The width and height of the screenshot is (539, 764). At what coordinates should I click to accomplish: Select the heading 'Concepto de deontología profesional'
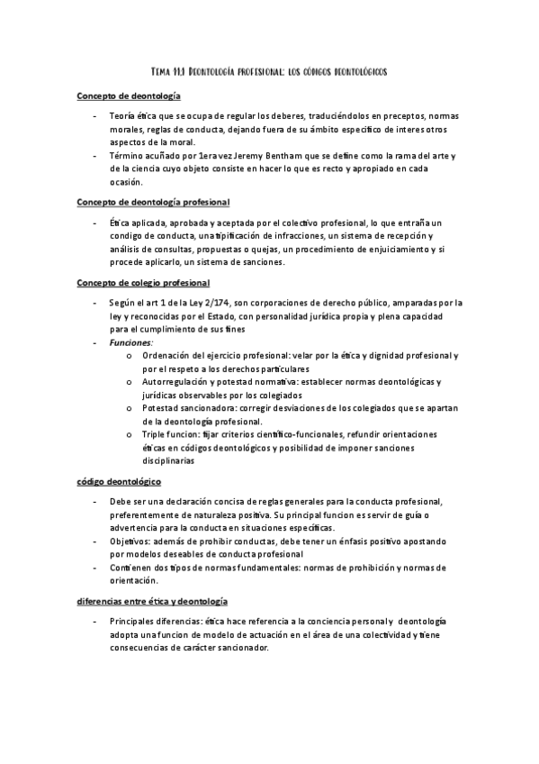153,202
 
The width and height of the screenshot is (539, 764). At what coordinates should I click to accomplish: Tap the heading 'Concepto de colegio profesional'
143,283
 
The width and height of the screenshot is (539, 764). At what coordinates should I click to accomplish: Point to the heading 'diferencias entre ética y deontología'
152,600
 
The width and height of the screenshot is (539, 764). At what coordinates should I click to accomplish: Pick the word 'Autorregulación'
173,382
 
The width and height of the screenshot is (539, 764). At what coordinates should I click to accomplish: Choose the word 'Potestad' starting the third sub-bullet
158,408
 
